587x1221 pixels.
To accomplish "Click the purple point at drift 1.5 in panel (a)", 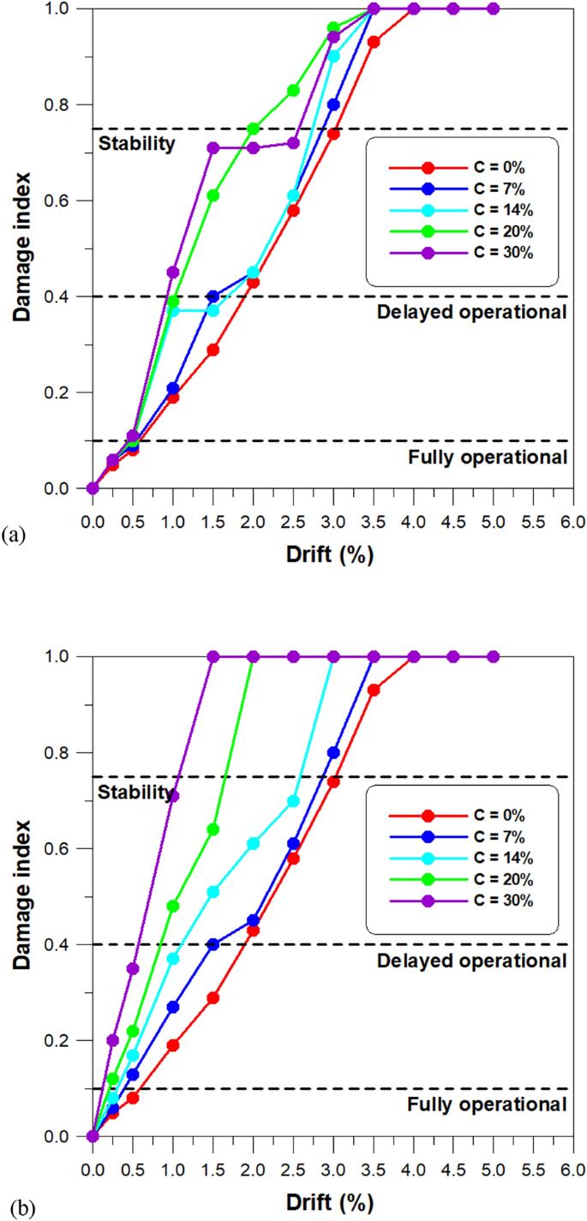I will (213, 147).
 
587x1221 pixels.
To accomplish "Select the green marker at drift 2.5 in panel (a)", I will (293, 90).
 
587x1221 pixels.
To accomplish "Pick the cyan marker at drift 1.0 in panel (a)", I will (173, 311).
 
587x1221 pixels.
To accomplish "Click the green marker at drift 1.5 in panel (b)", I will (213, 829).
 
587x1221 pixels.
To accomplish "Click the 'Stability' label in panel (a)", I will (136, 143).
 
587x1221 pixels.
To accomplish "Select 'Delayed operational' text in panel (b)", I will (472, 961).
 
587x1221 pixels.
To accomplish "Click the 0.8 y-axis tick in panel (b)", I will (68, 752).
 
